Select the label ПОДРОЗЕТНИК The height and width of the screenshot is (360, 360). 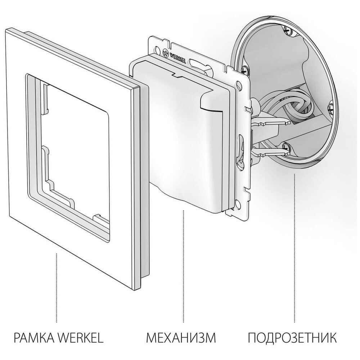pyautogui.click(x=292, y=338)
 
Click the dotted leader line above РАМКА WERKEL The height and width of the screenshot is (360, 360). pyautogui.click(x=57, y=288)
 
